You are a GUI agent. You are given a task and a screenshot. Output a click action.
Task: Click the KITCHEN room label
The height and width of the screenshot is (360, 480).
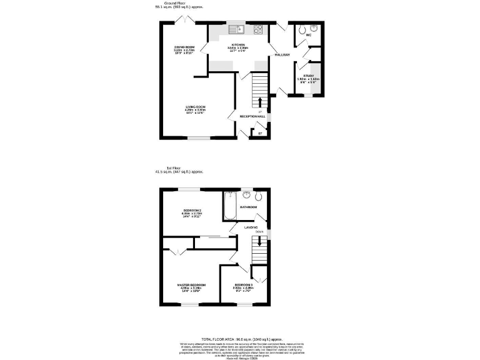pos(238,45)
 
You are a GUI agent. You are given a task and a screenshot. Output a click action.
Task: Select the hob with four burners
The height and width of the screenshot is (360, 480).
pos(258,29)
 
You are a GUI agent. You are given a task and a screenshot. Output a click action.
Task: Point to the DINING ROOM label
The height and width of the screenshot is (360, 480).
pos(185,47)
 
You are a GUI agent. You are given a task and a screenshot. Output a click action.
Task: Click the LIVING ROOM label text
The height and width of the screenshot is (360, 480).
pos(196,107)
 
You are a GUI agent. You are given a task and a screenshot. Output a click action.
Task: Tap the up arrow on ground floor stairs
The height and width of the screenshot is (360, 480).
pos(260,101)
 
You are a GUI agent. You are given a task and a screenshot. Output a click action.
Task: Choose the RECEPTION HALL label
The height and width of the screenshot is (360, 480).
pos(252,116)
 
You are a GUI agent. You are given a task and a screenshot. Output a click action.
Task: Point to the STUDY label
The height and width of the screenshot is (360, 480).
pos(308,76)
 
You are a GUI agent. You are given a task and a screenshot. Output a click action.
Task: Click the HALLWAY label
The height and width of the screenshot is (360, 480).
pos(282,55)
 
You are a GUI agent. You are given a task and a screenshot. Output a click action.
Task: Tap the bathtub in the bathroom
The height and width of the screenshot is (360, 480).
pos(229,207)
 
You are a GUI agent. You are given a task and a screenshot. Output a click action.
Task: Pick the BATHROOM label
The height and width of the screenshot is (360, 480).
pos(250,206)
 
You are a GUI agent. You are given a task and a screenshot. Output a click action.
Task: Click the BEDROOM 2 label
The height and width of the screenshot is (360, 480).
pos(192,209)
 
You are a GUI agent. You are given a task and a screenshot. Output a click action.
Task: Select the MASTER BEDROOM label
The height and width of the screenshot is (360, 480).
pos(191,285)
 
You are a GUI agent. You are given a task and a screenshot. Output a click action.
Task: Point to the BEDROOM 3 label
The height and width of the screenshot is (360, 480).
pos(244,285)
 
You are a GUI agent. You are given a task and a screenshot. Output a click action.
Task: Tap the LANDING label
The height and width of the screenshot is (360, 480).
pos(251,227)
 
